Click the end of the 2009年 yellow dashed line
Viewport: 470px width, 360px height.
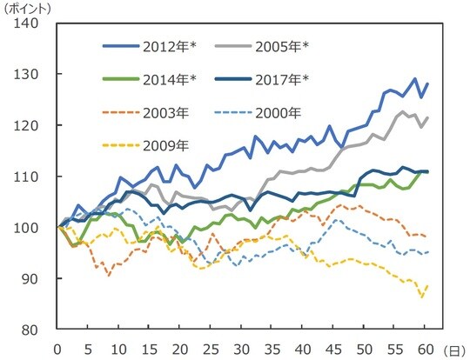point(426,286)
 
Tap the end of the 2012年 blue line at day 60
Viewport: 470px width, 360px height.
point(426,83)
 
